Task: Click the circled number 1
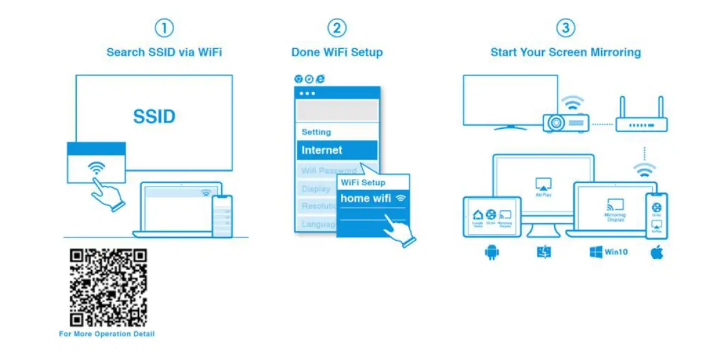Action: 164,29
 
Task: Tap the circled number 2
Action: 337,29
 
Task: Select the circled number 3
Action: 565,29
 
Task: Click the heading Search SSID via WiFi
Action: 164,52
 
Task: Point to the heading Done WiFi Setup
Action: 337,52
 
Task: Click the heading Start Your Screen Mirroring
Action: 565,52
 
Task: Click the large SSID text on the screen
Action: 154,116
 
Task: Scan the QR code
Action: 108,287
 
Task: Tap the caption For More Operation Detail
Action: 107,334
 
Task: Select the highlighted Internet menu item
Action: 337,150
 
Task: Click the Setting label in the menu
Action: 316,132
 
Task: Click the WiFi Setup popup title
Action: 363,182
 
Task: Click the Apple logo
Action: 657,253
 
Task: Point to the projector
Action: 565,122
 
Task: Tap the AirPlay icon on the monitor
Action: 542,183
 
